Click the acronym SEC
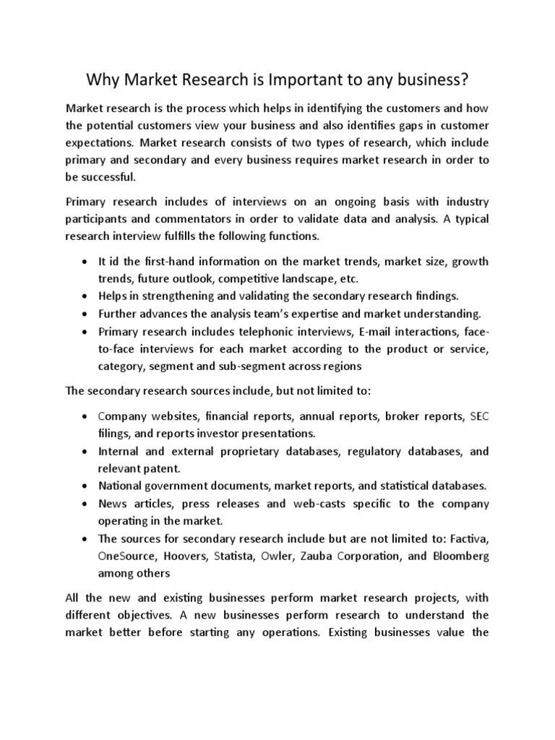coord(479,416)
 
